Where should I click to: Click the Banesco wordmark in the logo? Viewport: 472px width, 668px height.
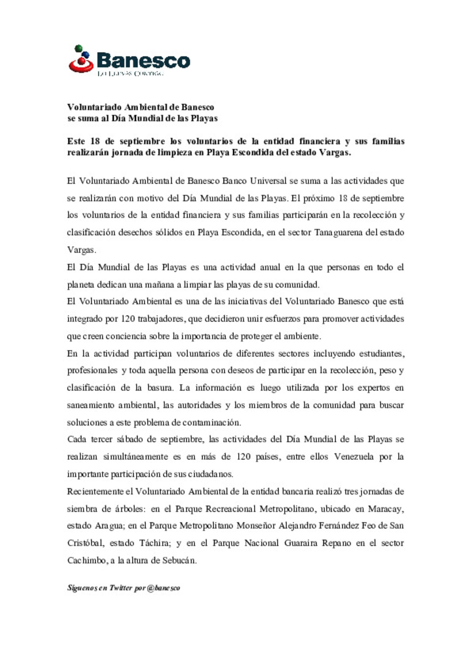pyautogui.click(x=143, y=60)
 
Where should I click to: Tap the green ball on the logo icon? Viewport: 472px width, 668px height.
pyautogui.click(x=79, y=48)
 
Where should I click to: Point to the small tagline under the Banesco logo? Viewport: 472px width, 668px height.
pyautogui.click(x=130, y=73)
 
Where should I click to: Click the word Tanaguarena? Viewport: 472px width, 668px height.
pyautogui.click(x=339, y=233)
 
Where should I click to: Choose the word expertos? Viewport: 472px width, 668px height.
pyautogui.click(x=373, y=388)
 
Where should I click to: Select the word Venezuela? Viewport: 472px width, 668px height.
pyautogui.click(x=354, y=457)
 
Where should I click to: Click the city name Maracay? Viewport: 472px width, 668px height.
pyautogui.click(x=385, y=509)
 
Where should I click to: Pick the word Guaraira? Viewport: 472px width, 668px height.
pyautogui.click(x=301, y=543)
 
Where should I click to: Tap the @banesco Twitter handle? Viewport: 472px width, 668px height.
pyautogui.click(x=163, y=588)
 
